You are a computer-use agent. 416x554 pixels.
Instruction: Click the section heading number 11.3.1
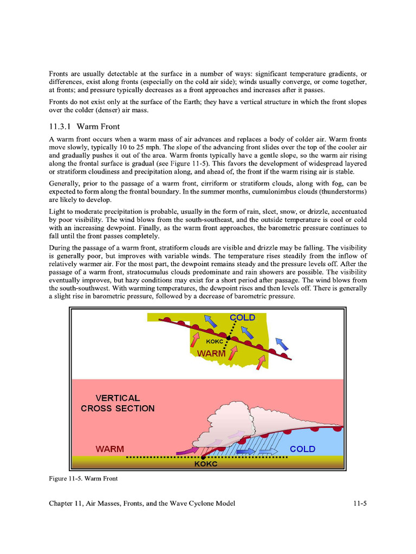click(60, 127)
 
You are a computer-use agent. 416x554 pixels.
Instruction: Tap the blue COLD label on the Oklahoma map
click(242, 318)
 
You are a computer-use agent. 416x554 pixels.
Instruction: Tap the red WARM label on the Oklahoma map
click(211, 353)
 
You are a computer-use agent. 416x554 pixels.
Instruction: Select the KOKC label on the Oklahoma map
click(215, 341)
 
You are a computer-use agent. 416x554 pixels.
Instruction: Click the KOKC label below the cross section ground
click(206, 464)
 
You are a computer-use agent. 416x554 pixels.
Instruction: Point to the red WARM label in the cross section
click(110, 449)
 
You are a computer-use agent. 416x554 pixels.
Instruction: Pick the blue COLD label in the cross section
click(302, 449)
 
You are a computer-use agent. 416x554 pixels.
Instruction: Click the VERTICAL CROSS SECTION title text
click(118, 403)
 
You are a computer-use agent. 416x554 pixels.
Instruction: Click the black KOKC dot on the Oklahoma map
click(228, 338)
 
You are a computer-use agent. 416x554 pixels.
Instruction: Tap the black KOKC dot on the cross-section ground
click(203, 457)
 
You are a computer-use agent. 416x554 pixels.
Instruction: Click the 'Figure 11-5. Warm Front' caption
click(83, 478)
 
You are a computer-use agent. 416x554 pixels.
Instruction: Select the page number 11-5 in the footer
click(359, 504)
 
